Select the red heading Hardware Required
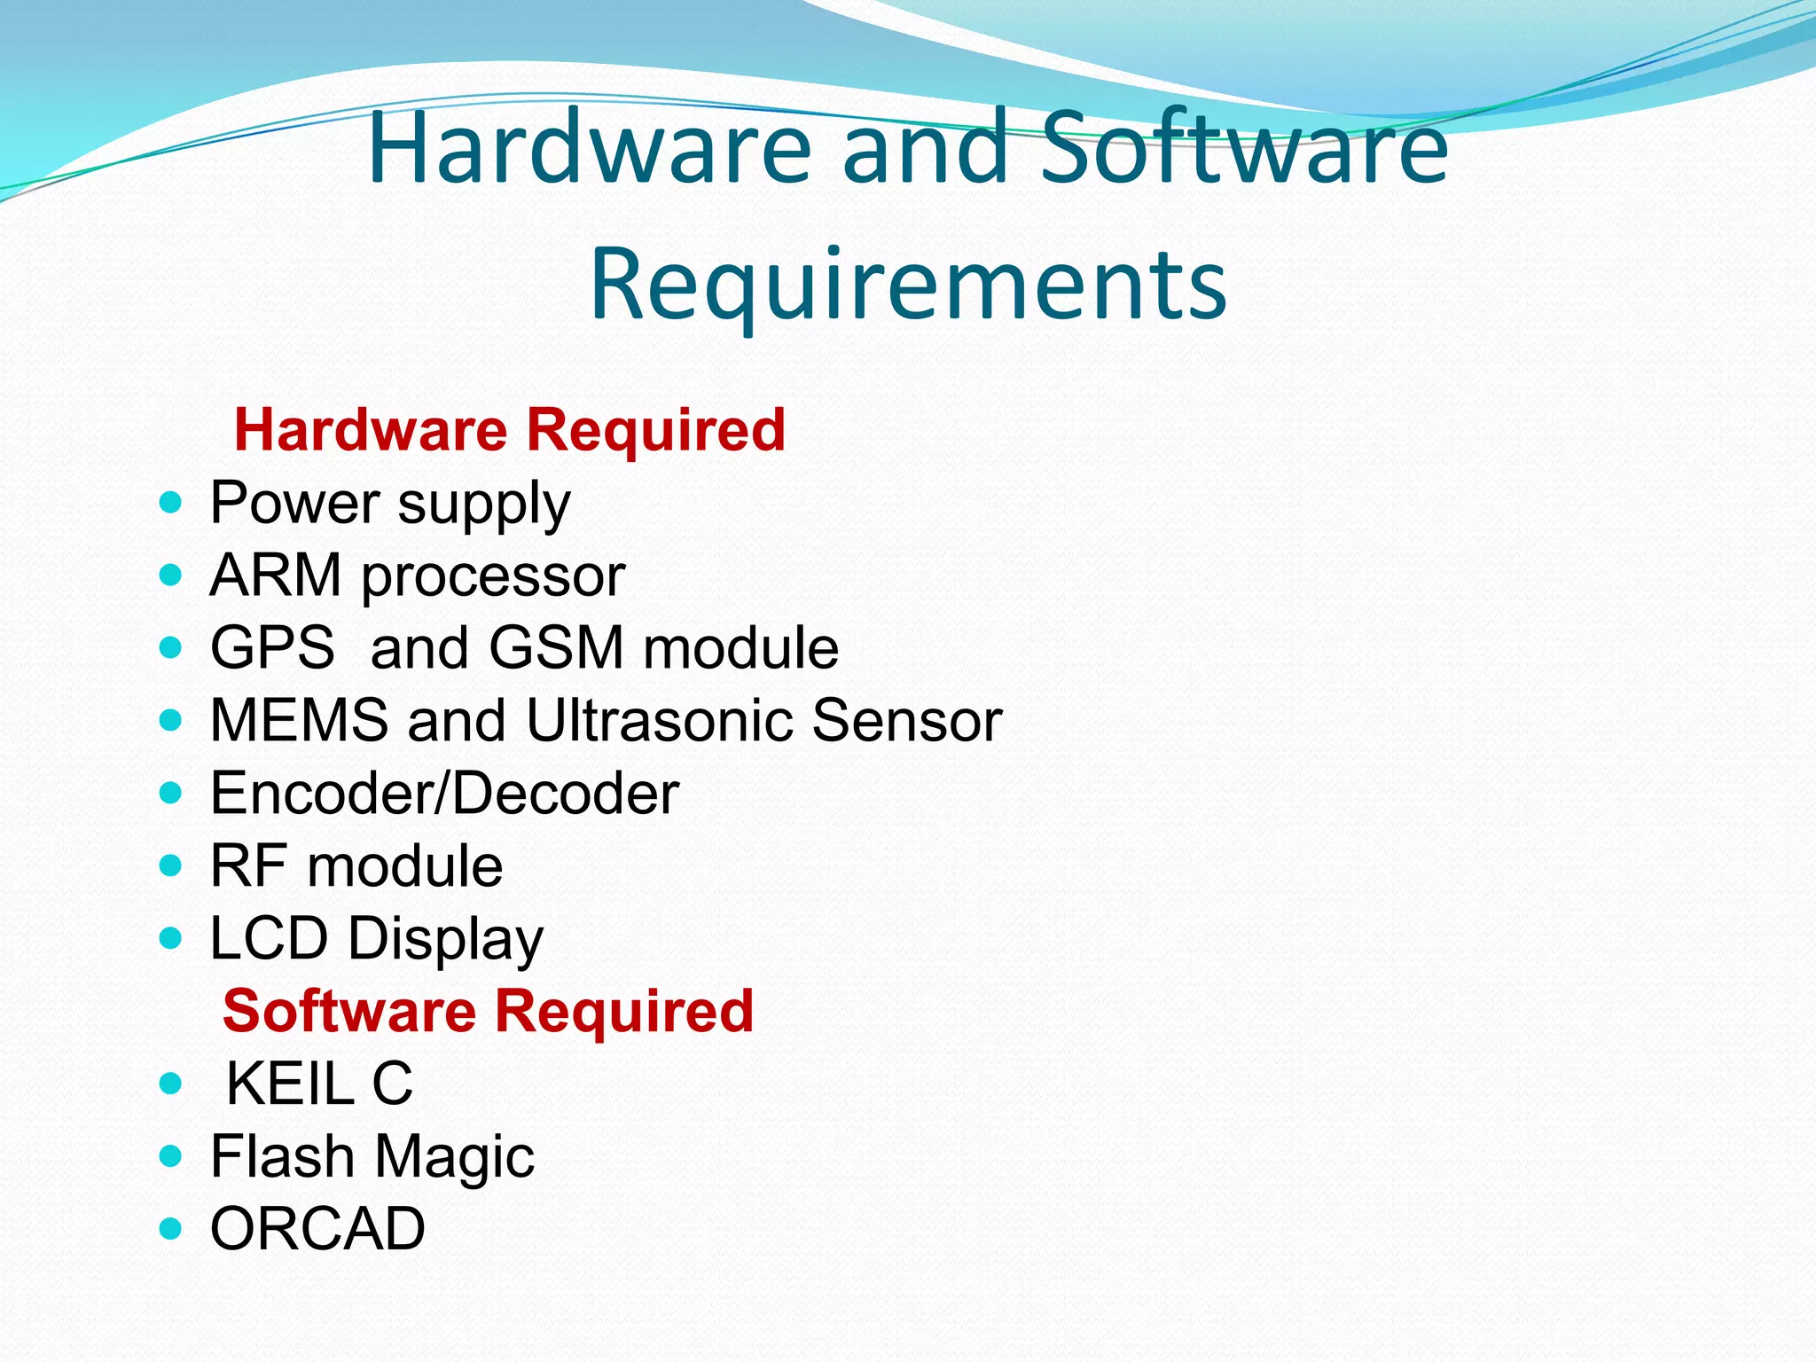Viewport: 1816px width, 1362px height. pos(509,430)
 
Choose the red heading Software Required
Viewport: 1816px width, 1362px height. pos(488,1011)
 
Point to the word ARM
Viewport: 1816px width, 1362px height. pos(276,575)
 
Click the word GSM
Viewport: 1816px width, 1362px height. pos(556,647)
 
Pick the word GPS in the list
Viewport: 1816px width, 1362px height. pos(272,647)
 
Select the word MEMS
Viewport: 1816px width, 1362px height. pos(299,720)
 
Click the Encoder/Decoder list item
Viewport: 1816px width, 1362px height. pos(444,793)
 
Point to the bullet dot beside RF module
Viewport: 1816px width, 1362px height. pos(170,865)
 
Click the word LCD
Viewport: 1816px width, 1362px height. pos(269,938)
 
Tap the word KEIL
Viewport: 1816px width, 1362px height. pos(289,1084)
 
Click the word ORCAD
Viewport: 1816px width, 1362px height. pos(317,1229)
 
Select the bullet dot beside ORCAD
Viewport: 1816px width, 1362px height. pos(170,1229)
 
